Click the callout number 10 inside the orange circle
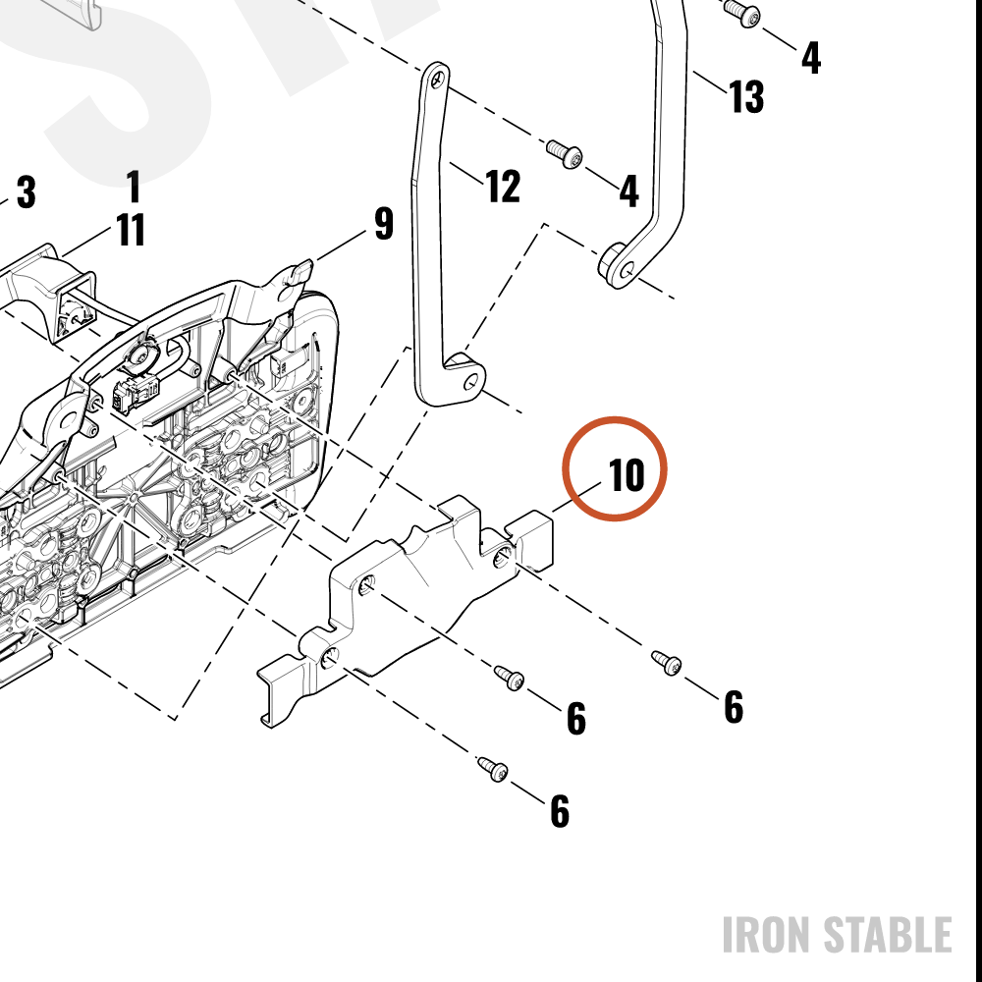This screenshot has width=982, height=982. tap(627, 474)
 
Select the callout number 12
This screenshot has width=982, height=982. tap(503, 186)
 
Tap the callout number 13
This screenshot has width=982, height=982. tap(746, 96)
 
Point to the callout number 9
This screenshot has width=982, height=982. tap(384, 223)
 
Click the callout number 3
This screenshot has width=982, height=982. tap(26, 191)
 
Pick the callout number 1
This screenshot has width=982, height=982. tap(133, 186)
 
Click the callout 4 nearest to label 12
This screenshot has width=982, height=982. tap(628, 191)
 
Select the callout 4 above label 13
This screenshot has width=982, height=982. tap(811, 58)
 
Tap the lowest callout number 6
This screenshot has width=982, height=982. tap(560, 811)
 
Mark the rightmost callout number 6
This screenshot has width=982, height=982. tap(734, 707)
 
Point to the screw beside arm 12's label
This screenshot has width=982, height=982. tap(565, 154)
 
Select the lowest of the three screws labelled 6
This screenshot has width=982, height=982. tap(493, 769)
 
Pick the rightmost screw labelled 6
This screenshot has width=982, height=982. tap(667, 663)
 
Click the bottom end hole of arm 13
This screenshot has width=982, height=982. tap(627, 271)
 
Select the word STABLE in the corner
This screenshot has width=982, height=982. tap(888, 935)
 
